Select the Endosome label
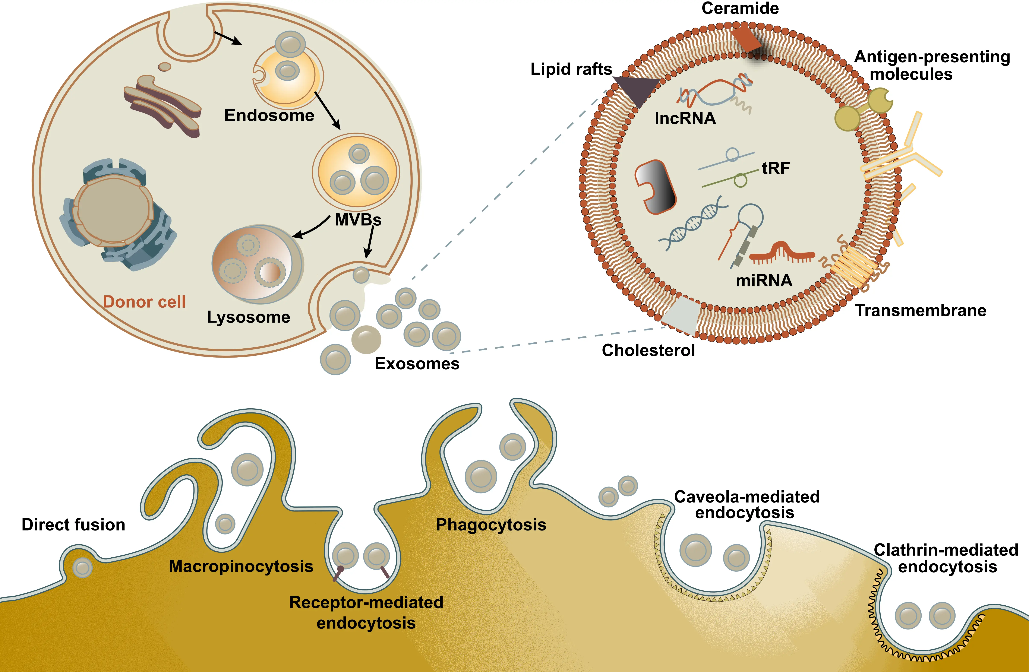click(x=269, y=115)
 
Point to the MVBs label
click(x=358, y=220)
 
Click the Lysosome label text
click(x=249, y=317)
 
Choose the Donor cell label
click(x=144, y=302)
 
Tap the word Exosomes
click(x=417, y=364)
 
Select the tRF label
click(x=776, y=168)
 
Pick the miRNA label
click(x=764, y=280)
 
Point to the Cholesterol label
click(x=648, y=350)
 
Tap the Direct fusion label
click(x=73, y=525)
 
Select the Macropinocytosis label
click(x=241, y=566)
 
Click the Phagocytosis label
click(x=491, y=525)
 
